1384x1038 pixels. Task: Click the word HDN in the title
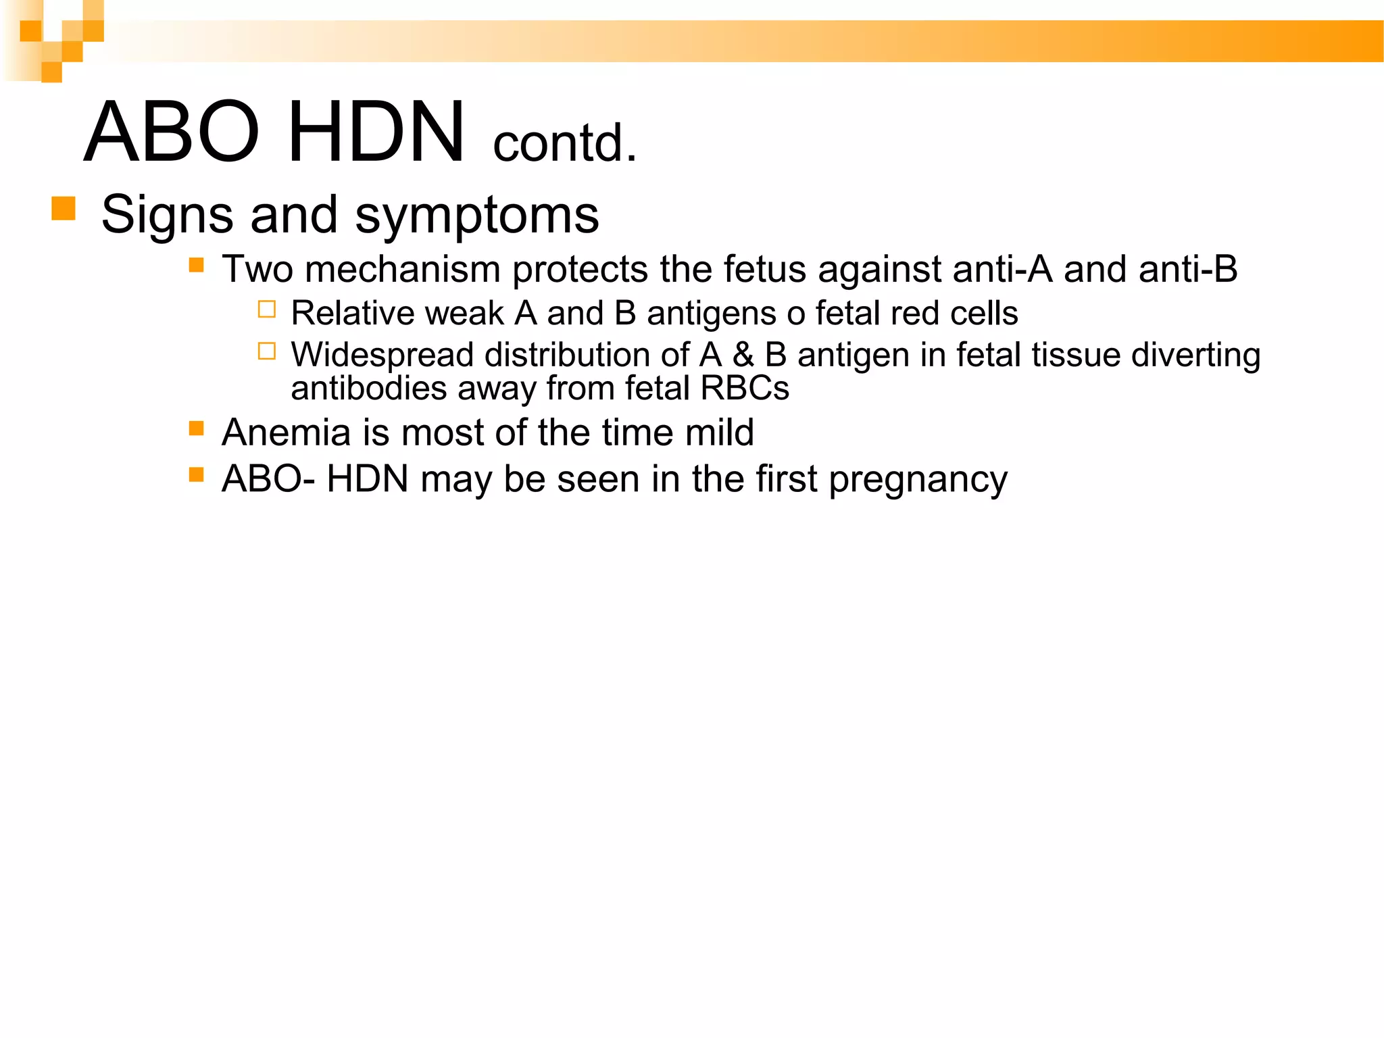pos(376,132)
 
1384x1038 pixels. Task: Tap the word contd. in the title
pos(565,143)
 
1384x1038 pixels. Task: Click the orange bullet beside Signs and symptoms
pos(63,208)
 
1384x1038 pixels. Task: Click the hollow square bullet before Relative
pos(267,310)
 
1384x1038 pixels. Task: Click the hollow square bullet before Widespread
pos(267,351)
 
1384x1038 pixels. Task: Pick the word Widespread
pos(382,355)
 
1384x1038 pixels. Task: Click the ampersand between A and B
pos(743,355)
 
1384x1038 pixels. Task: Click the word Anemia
pos(286,432)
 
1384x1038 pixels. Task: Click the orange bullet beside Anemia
pos(197,428)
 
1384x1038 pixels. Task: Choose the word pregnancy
pos(918,481)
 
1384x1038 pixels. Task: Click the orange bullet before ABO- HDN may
pos(197,474)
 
